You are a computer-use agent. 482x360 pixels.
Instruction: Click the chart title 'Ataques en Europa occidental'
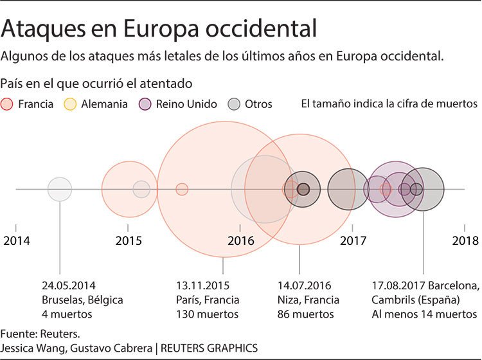[159, 29]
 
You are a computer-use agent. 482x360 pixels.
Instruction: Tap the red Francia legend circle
[8, 104]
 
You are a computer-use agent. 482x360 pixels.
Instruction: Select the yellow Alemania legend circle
[71, 104]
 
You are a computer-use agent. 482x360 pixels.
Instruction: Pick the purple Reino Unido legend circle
[145, 104]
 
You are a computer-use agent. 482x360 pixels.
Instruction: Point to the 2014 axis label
[16, 241]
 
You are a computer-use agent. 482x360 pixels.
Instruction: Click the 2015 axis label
[129, 241]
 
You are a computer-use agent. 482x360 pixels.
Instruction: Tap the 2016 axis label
[240, 241]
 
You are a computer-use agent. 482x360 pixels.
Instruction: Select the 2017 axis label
[353, 241]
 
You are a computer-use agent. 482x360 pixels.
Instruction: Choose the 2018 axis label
[465, 241]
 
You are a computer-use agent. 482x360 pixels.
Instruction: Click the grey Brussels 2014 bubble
[60, 189]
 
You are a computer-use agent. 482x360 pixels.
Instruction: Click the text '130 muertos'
[207, 314]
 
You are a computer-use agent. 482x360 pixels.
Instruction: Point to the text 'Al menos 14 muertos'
[424, 314]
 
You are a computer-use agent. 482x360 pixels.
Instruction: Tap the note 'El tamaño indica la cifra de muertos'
[389, 104]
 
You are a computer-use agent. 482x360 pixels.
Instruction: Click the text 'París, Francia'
[208, 300]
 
